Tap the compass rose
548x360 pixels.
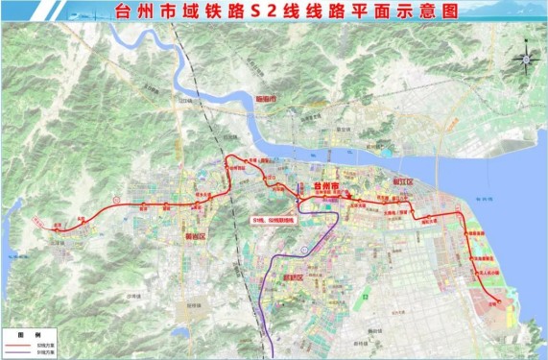coord(524,60)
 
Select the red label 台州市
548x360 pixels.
coord(327,182)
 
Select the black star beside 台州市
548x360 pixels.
coord(313,182)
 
